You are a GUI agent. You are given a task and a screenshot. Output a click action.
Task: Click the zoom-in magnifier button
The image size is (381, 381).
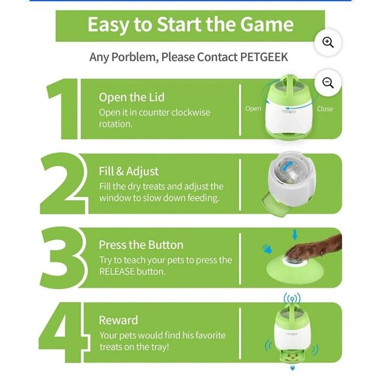328,43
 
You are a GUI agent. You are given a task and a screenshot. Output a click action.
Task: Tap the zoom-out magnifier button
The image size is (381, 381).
328,83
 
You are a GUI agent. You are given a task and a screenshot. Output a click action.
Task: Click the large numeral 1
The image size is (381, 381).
62,109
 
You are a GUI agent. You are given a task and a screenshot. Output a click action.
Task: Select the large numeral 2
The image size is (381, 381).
64,184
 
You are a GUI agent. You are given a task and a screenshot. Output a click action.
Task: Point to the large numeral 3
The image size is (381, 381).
63,258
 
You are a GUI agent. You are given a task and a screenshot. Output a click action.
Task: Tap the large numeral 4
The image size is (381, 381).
64,332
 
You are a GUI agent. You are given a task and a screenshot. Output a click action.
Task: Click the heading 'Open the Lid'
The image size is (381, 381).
131,97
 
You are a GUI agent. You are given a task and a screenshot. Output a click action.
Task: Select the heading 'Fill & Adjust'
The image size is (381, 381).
129,171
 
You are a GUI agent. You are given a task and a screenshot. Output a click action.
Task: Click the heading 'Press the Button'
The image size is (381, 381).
141,245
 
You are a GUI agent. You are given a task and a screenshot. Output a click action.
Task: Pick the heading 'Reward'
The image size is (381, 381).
118,321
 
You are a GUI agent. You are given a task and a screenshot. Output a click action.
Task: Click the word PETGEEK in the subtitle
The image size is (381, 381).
264,57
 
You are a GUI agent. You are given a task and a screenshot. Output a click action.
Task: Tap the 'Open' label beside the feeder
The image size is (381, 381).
253,108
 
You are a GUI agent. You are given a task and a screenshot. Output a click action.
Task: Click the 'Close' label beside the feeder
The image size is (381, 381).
325,108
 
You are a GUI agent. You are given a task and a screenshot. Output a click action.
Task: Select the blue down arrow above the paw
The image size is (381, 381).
295,235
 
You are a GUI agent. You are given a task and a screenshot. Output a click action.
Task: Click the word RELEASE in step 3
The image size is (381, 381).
118,272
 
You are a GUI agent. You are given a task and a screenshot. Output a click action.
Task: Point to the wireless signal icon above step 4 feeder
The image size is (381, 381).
292,299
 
